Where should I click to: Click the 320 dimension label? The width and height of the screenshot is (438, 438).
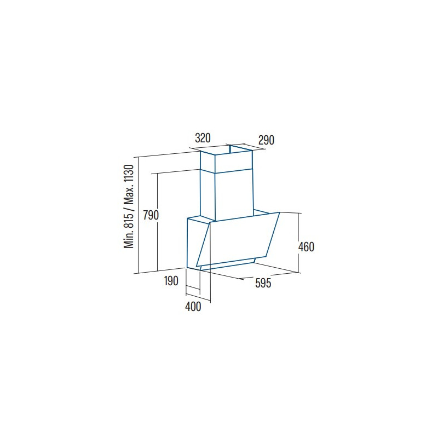[203, 139]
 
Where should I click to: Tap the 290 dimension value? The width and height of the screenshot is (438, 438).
[266, 140]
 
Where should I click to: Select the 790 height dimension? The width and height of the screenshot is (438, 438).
[151, 215]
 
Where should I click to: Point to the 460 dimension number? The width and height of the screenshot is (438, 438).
[306, 247]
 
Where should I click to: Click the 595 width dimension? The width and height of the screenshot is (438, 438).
[263, 283]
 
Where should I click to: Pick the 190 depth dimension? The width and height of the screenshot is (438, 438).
[171, 281]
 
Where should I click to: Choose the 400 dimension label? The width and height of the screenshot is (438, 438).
[193, 307]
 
